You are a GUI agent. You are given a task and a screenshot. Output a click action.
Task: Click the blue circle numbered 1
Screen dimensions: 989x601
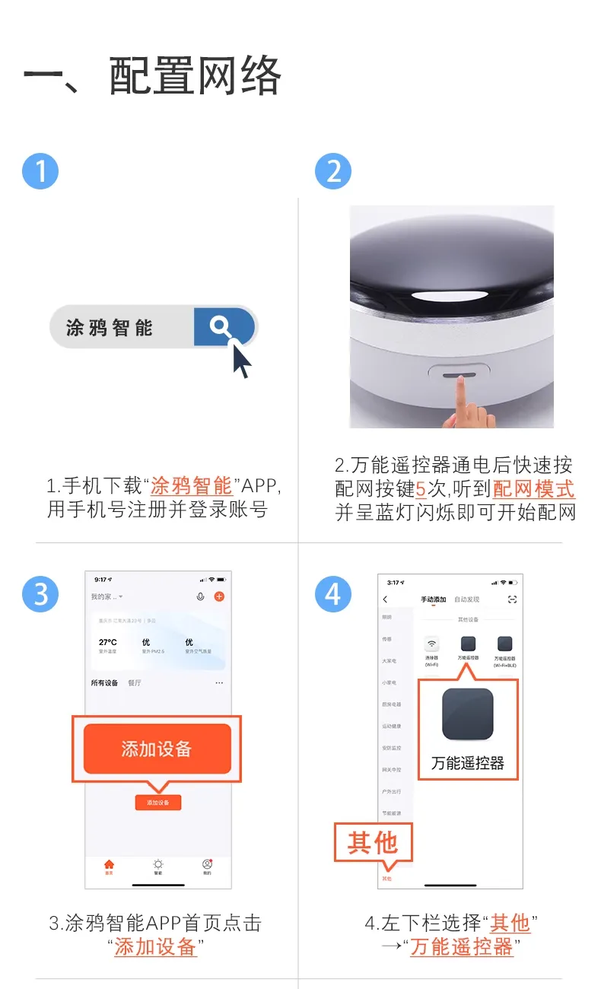[x=40, y=171]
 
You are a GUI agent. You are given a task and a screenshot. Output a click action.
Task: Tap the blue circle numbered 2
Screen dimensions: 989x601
[x=333, y=171]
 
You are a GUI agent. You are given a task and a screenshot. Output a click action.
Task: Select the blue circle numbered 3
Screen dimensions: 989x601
[x=40, y=593]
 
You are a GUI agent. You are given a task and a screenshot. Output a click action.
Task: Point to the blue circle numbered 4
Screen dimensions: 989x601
[x=333, y=593]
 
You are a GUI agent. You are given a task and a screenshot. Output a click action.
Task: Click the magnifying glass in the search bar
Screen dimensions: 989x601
[x=221, y=327]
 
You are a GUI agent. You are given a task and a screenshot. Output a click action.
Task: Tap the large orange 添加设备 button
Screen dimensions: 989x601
[x=157, y=749]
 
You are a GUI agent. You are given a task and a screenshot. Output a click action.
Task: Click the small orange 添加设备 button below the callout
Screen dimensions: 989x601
[x=158, y=803]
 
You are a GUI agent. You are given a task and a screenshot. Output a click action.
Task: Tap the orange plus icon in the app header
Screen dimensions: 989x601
[x=219, y=596]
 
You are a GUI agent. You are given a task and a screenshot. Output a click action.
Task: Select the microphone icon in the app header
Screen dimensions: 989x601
[x=200, y=596]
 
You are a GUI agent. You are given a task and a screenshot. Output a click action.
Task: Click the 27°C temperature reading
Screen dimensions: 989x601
[x=108, y=642]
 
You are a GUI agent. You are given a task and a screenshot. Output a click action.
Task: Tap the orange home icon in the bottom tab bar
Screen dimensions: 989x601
[x=109, y=864]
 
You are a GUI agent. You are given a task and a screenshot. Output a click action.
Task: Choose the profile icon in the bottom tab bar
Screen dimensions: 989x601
[x=207, y=864]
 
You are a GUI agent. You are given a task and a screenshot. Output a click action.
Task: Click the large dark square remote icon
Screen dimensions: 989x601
[x=468, y=714]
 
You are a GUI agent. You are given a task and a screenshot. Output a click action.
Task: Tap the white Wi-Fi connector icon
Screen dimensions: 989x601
[x=432, y=644]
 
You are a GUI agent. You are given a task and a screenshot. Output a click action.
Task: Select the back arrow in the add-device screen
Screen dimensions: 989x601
[x=386, y=600]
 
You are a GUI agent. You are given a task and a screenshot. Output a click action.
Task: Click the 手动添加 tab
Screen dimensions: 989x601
[x=434, y=600]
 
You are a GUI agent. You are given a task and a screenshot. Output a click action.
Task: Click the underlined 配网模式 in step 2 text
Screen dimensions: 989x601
[x=533, y=488]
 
